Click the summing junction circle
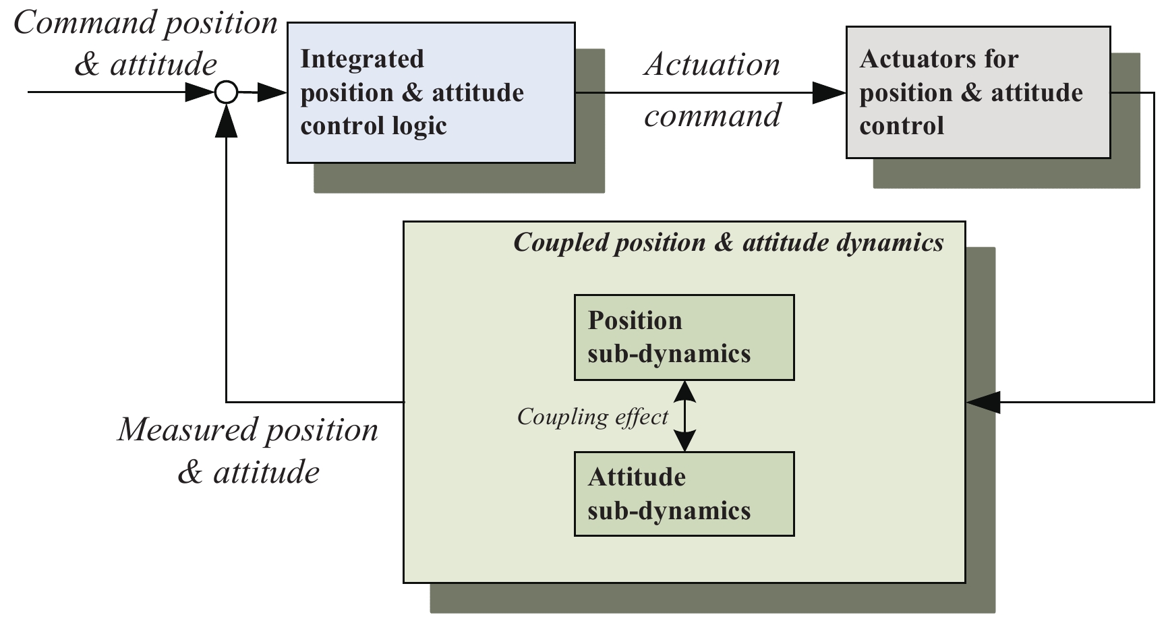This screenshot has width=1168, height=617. pyautogui.click(x=227, y=92)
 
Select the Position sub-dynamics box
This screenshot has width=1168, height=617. pyautogui.click(x=684, y=337)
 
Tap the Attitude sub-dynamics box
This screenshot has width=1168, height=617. pyautogui.click(x=684, y=494)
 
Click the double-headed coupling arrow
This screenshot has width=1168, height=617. pyautogui.click(x=684, y=416)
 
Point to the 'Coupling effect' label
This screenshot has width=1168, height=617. pyautogui.click(x=592, y=417)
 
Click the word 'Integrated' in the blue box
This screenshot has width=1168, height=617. pyautogui.click(x=362, y=59)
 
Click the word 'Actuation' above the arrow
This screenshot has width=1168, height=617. pyautogui.click(x=712, y=65)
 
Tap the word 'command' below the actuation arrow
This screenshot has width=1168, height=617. pyautogui.click(x=712, y=116)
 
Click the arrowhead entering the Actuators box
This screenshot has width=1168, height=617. pyautogui.click(x=829, y=92)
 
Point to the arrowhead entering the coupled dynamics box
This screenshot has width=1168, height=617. pyautogui.click(x=983, y=402)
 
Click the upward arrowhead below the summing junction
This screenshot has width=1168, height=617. pyautogui.click(x=227, y=121)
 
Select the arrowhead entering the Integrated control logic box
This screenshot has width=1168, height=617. pyautogui.click(x=272, y=92)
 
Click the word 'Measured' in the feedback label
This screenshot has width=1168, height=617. pyautogui.click(x=187, y=430)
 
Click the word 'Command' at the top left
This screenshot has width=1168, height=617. pyautogui.click(x=86, y=23)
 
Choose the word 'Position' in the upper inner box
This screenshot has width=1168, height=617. pyautogui.click(x=635, y=320)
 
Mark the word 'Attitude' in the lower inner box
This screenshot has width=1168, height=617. pyautogui.click(x=637, y=477)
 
